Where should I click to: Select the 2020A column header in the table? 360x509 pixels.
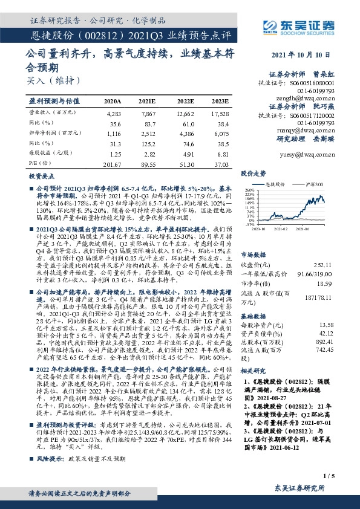coord(113,101)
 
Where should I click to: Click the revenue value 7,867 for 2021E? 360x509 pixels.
coord(147,113)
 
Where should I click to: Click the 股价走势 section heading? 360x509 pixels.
coord(254,173)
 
